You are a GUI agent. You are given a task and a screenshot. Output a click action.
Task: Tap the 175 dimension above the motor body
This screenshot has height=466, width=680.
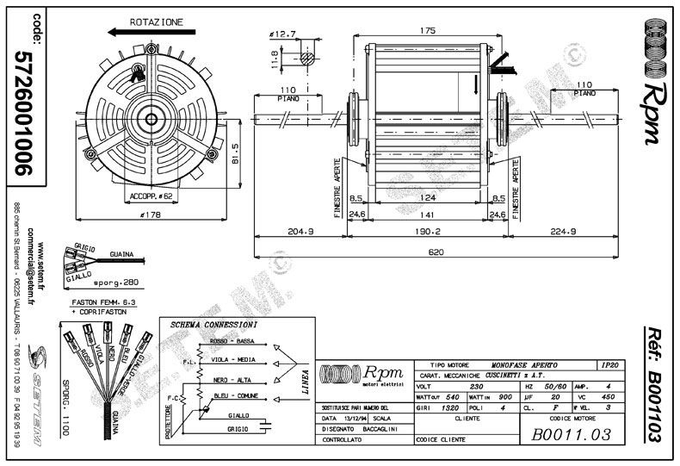point(427,30)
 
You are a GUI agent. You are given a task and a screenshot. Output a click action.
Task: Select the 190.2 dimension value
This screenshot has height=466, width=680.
point(427,231)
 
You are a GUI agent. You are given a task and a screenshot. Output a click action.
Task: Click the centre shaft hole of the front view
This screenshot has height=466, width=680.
point(152,119)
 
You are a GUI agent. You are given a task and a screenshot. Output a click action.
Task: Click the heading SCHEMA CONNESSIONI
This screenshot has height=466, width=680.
point(213,325)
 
